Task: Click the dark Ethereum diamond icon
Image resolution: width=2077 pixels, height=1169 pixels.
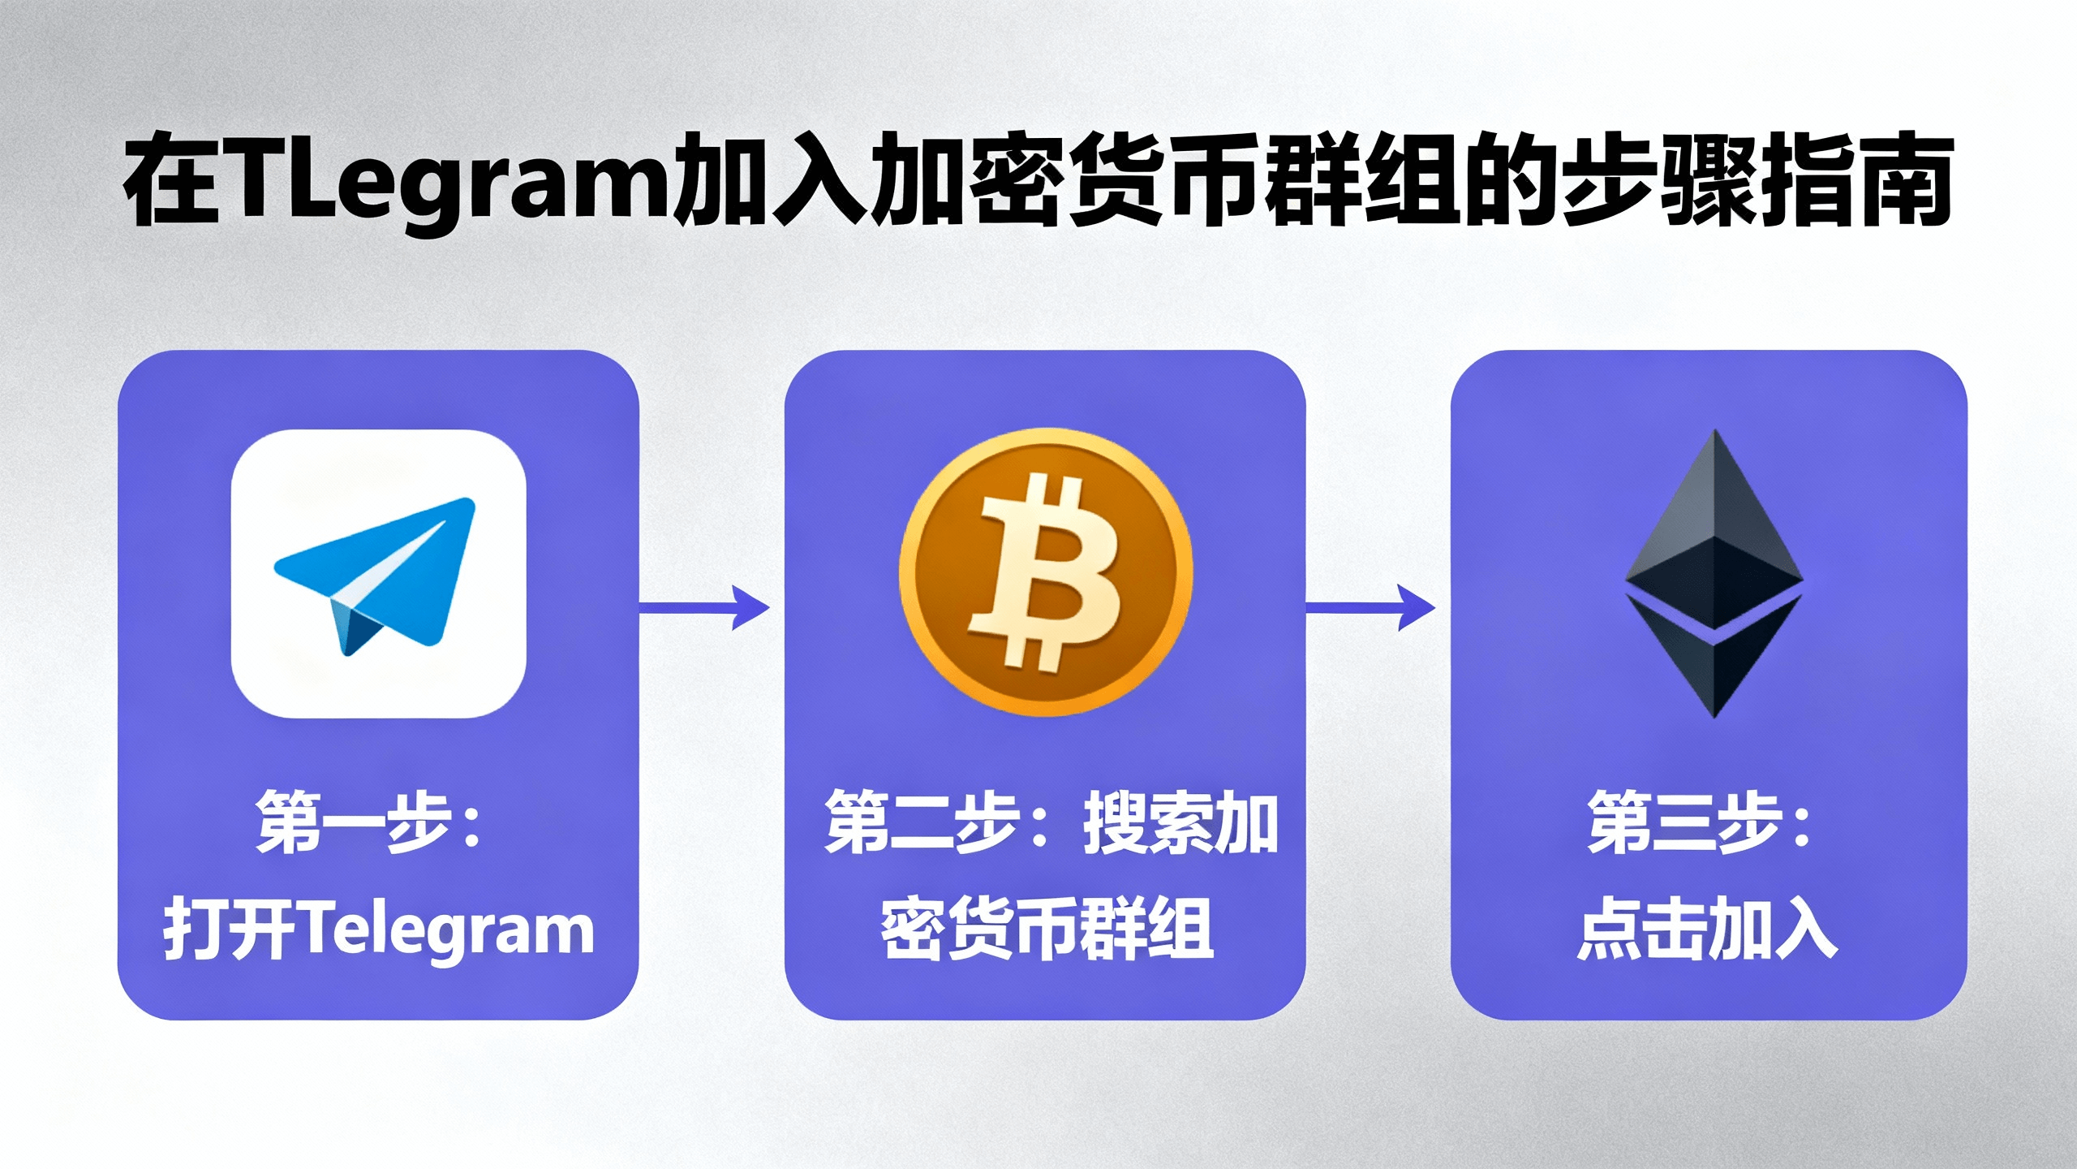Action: [x=1714, y=572]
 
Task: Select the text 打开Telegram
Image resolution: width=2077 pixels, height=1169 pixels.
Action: [x=379, y=929]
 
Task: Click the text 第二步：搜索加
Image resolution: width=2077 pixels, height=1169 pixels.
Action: [x=1051, y=822]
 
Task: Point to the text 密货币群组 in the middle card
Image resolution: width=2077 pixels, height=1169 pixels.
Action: [x=1047, y=929]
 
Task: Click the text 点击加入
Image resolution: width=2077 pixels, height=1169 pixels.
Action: [x=1708, y=929]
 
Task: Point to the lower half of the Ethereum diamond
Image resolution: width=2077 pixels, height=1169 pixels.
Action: [x=1714, y=658]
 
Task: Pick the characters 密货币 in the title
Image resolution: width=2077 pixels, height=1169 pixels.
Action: [x=1116, y=182]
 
